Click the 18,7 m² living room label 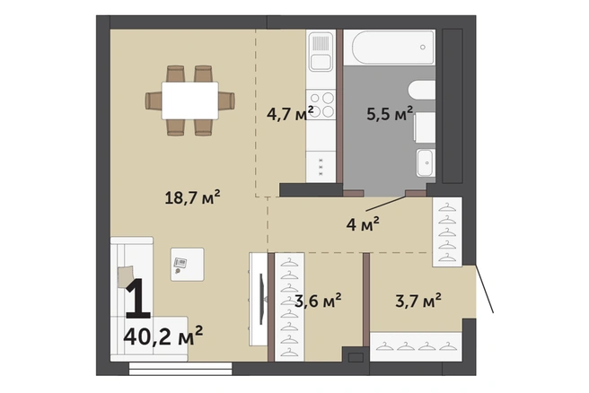[192, 197]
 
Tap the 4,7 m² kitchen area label [290, 113]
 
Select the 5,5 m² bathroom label [390, 113]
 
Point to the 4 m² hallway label [363, 224]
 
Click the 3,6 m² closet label [318, 301]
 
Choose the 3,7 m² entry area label [418, 301]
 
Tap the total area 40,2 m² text [163, 336]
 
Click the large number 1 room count [138, 298]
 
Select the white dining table [190, 100]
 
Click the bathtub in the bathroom [393, 48]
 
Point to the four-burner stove [321, 105]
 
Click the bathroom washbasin [426, 162]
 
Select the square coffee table [188, 265]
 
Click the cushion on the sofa [126, 276]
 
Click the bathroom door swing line [386, 203]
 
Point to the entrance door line [485, 289]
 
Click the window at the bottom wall [180, 369]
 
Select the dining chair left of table [154, 100]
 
